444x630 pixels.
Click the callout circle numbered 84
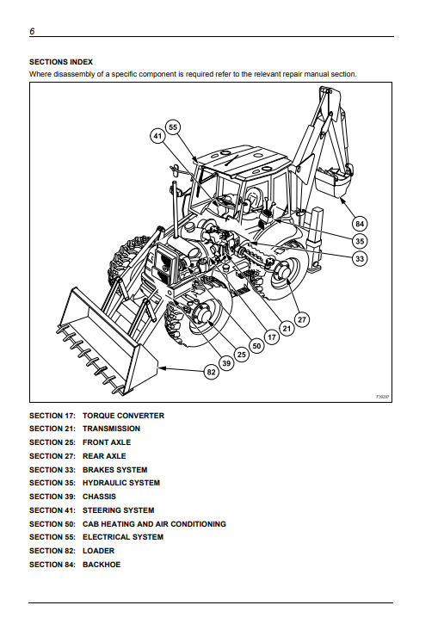pos(359,224)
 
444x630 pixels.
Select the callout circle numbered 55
pos(172,127)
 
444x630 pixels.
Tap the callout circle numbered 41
pos(157,136)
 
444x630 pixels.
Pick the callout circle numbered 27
pos(302,320)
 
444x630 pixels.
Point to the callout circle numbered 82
pos(212,372)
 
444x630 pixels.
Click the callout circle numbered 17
pos(272,337)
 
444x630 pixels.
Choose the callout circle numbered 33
pos(359,259)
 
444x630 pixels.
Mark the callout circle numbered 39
pos(226,363)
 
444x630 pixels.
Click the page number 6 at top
pos(32,31)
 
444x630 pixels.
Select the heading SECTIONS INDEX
pos(61,62)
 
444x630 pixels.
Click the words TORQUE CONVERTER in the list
pos(123,416)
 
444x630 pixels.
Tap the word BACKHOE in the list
pos(102,565)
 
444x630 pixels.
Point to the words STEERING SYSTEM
pos(119,510)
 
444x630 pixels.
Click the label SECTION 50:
pos(52,524)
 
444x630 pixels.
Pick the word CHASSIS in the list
pos(99,497)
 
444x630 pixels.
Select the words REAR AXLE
pos(104,456)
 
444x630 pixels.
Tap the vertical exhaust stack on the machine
pos(175,210)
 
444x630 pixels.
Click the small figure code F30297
pos(383,397)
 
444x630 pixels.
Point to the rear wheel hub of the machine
pos(282,271)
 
